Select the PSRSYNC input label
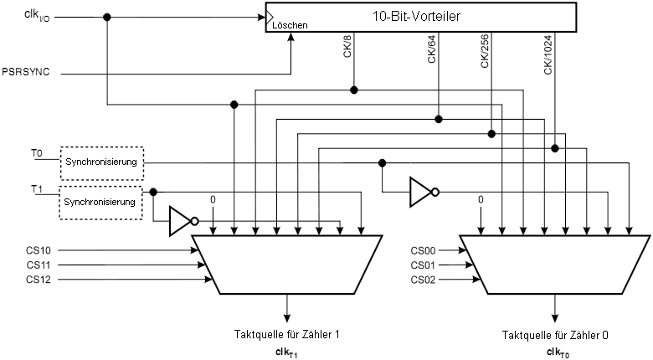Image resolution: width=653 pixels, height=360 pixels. pyautogui.click(x=27, y=73)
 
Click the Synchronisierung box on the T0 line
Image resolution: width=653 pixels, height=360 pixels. pyautogui.click(x=101, y=161)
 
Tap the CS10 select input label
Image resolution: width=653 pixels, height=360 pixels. pyautogui.click(x=39, y=249)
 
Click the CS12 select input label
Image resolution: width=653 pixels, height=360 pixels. pyautogui.click(x=39, y=279)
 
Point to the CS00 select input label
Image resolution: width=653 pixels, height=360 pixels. pyautogui.click(x=423, y=249)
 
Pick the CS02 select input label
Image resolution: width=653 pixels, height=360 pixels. pyautogui.click(x=423, y=279)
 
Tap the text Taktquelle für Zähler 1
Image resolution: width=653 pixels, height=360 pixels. pyautogui.click(x=287, y=335)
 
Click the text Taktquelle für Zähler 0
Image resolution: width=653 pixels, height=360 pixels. pyautogui.click(x=555, y=335)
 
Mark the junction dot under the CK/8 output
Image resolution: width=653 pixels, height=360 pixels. pyautogui.click(x=354, y=90)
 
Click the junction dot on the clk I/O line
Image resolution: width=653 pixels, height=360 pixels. pyautogui.click(x=107, y=18)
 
